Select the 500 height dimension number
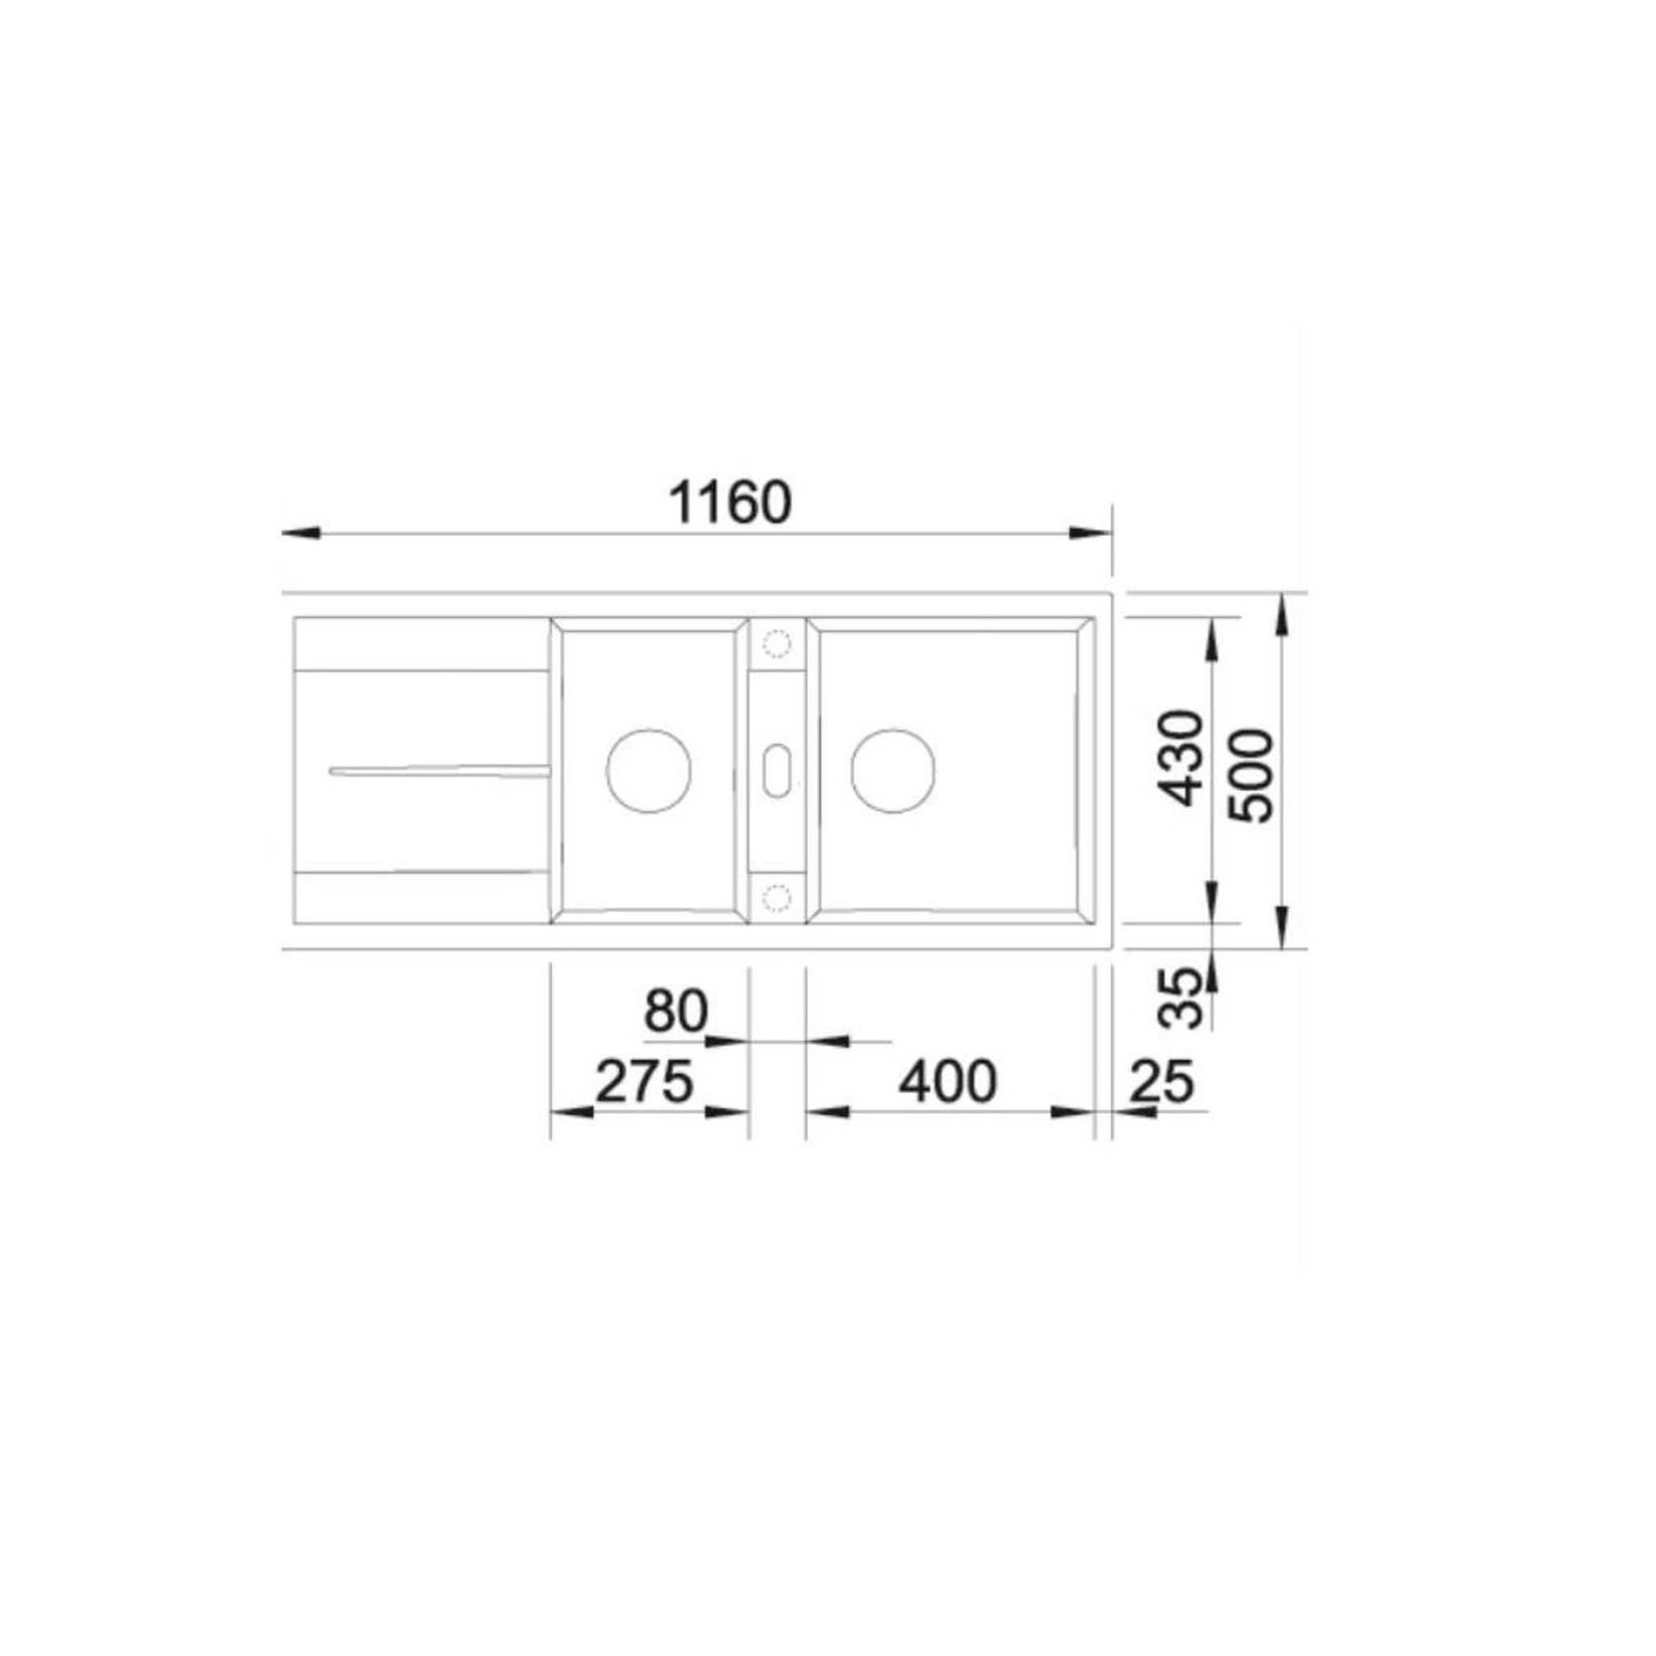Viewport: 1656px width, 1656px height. click(1251, 775)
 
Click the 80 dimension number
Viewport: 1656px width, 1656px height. click(676, 1012)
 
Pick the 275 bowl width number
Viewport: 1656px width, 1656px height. click(644, 1082)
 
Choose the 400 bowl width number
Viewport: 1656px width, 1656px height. click(947, 1082)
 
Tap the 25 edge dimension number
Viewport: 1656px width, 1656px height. click(1161, 1082)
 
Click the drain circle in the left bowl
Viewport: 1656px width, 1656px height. click(648, 771)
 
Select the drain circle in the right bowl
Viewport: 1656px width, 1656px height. click(893, 771)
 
